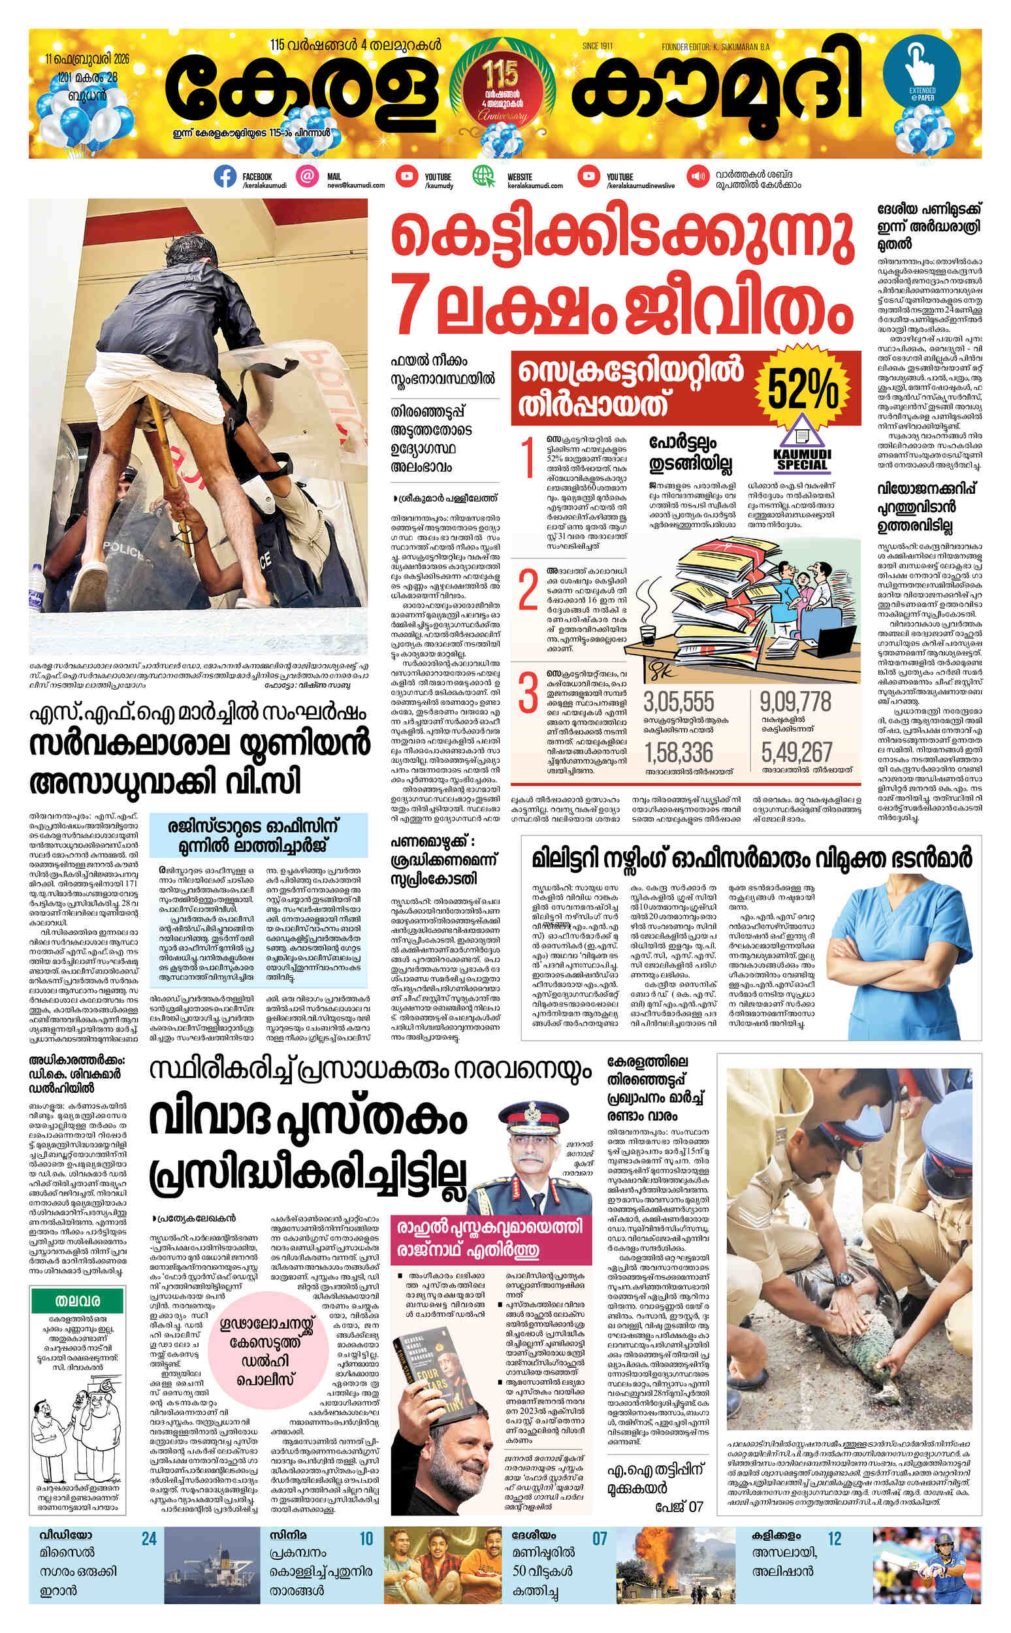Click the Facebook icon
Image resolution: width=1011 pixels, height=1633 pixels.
click(x=225, y=176)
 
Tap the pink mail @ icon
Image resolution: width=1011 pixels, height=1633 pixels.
click(x=307, y=176)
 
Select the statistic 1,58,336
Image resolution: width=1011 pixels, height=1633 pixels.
click(x=679, y=753)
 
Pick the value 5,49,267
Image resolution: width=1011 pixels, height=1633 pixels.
click(x=796, y=753)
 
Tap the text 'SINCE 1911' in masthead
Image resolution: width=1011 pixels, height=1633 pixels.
click(x=597, y=46)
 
